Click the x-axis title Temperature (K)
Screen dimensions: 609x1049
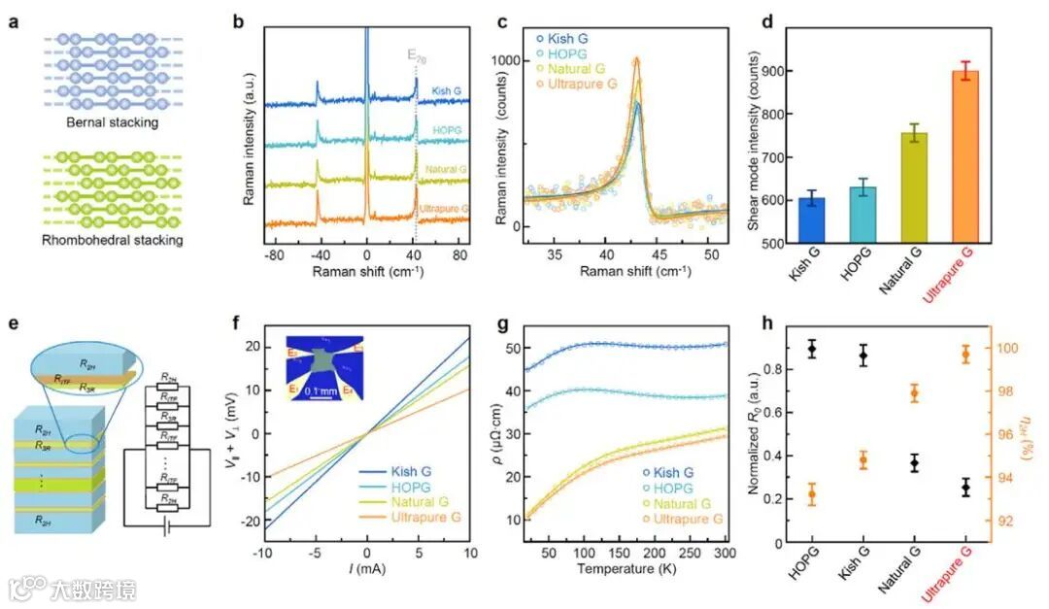[x=627, y=569]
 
